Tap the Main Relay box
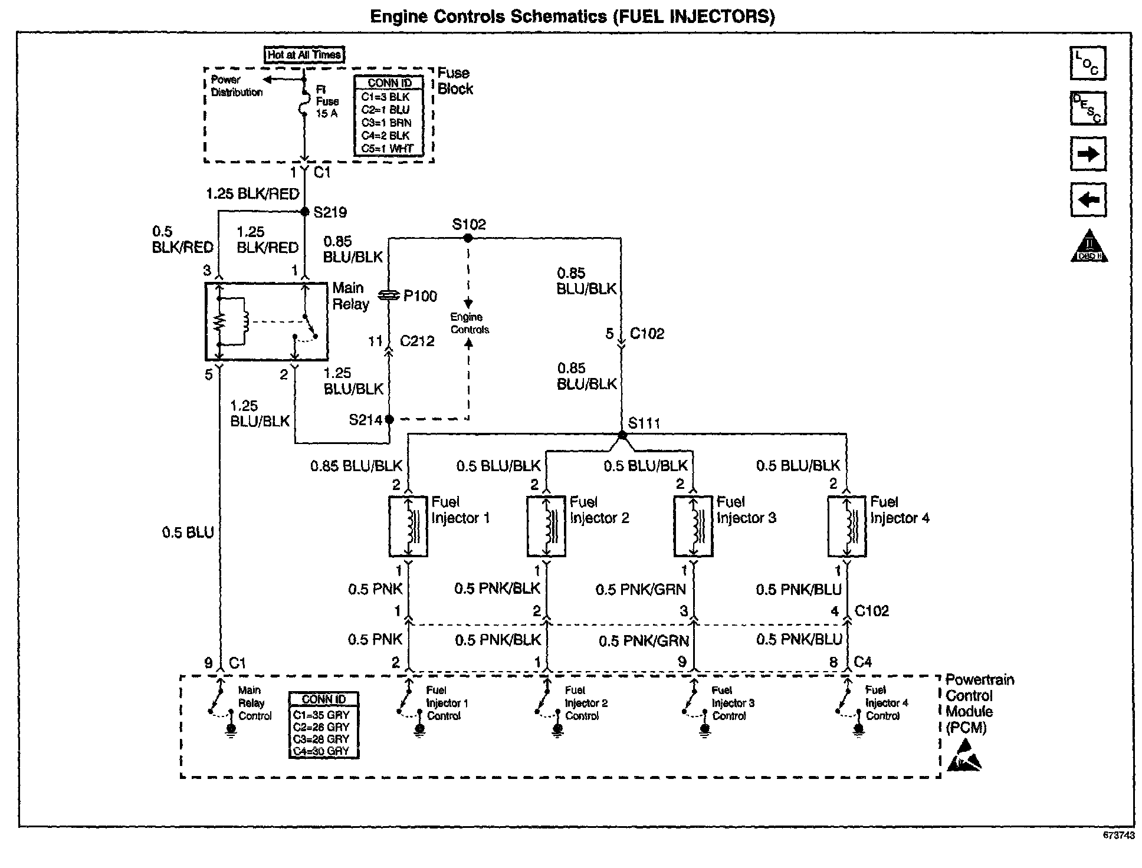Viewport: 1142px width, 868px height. pyautogui.click(x=267, y=321)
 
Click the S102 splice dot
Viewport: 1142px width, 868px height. pyautogui.click(x=468, y=238)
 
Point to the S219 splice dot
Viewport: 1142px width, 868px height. pyautogui.click(x=305, y=211)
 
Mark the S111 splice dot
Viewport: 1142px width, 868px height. pyautogui.click(x=622, y=435)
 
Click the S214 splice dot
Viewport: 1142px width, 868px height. pyautogui.click(x=389, y=419)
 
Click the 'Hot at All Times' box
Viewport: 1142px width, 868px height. pyautogui.click(x=304, y=55)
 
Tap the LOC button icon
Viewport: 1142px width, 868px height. pyautogui.click(x=1088, y=63)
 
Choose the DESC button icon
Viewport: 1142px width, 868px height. pyautogui.click(x=1088, y=108)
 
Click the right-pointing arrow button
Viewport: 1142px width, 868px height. pyautogui.click(x=1088, y=154)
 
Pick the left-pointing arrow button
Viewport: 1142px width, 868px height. pyautogui.click(x=1088, y=200)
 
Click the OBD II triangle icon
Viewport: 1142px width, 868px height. pyautogui.click(x=1089, y=246)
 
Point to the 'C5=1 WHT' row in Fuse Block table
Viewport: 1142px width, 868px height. pyautogui.click(x=388, y=149)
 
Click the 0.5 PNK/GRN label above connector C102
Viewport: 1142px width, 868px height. pyautogui.click(x=641, y=590)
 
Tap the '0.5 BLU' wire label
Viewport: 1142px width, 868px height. pyautogui.click(x=188, y=533)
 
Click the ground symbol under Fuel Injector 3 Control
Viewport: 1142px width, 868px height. pyautogui.click(x=704, y=730)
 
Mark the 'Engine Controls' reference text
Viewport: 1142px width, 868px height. pyautogui.click(x=470, y=323)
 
